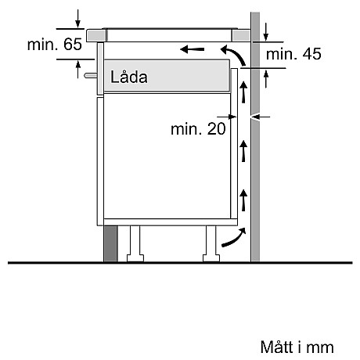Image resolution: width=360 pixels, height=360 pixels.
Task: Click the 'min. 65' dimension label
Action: point(54,45)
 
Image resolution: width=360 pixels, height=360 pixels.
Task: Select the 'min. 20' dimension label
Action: point(198,128)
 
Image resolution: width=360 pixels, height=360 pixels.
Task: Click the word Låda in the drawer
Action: point(129,77)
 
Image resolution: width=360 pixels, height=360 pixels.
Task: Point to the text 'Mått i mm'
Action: point(297,345)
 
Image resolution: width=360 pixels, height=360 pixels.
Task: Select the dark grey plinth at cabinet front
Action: point(110,244)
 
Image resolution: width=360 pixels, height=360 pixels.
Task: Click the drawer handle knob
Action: point(92,77)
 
